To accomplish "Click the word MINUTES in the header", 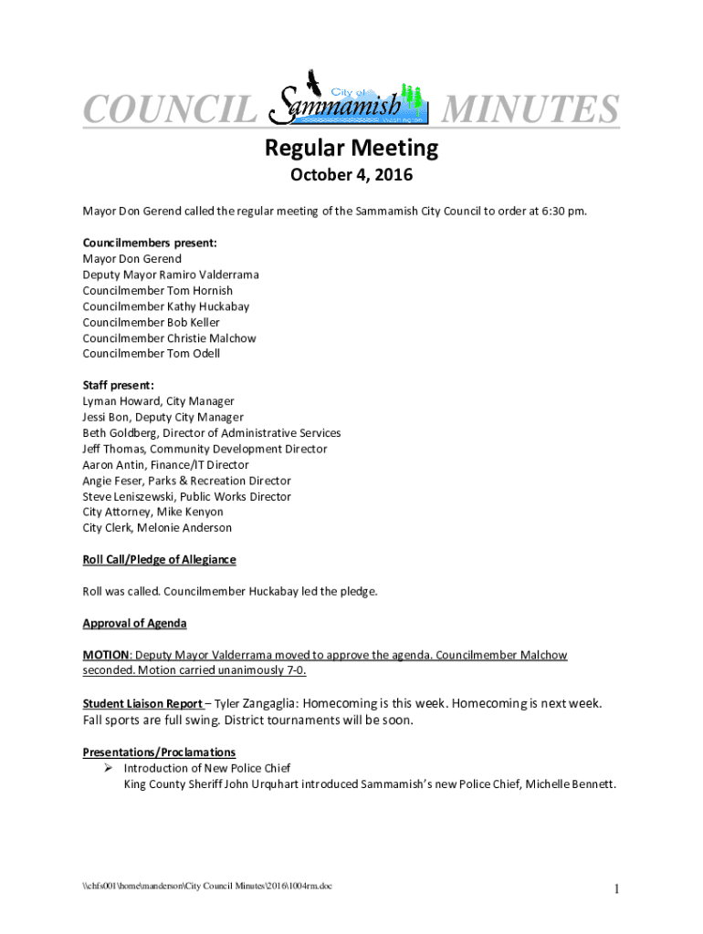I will [x=530, y=110].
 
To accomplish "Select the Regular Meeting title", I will [x=351, y=148].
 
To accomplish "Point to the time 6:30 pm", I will [x=564, y=212].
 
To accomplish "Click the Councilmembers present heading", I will [x=150, y=244].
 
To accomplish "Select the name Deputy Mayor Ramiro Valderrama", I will [x=171, y=275].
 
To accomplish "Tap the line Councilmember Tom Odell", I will [x=151, y=354].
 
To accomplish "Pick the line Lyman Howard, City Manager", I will [x=158, y=401].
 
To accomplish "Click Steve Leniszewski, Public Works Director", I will [x=186, y=496].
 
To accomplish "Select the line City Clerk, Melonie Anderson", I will [x=157, y=528].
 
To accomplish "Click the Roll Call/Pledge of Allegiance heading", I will [x=159, y=560].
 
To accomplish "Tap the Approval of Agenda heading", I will [x=134, y=623].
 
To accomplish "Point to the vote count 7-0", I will [x=296, y=671].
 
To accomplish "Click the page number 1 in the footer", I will [x=617, y=889].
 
